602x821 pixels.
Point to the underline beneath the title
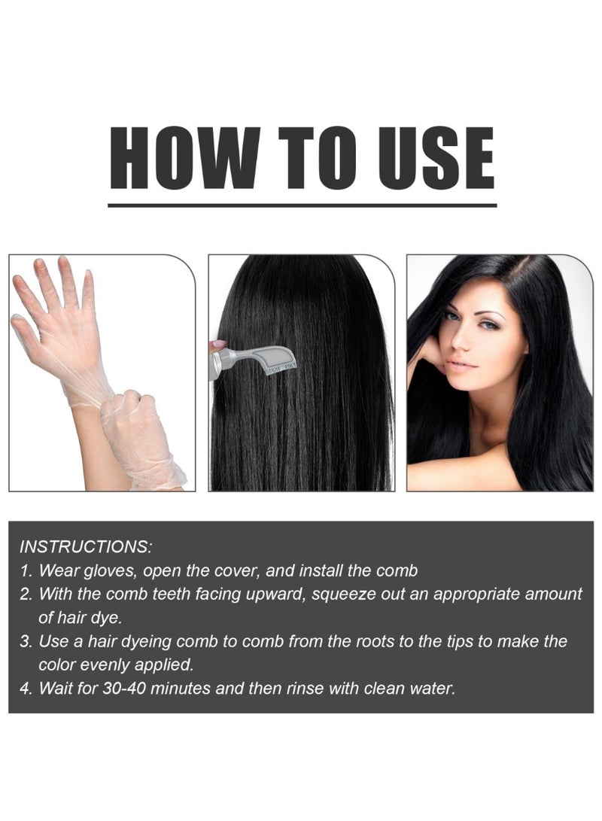(x=302, y=205)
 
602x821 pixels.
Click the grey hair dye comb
(x=256, y=357)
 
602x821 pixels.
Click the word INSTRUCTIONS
(x=86, y=545)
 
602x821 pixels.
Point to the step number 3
(x=25, y=642)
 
